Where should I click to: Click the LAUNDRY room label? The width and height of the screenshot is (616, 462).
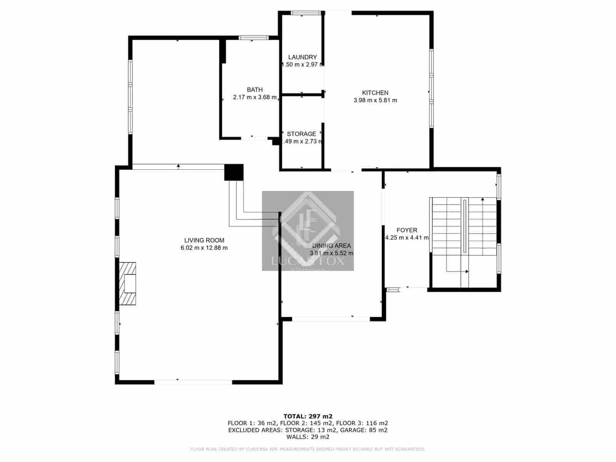(x=302, y=57)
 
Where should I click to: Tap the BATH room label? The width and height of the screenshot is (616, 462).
(x=255, y=90)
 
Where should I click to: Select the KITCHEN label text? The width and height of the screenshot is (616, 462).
(x=375, y=93)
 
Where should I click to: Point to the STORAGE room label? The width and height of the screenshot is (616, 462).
(x=301, y=134)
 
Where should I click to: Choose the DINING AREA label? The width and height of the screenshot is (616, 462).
(x=331, y=246)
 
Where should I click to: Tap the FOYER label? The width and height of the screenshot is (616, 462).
(x=407, y=230)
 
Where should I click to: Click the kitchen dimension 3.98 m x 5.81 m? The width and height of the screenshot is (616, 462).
(x=375, y=100)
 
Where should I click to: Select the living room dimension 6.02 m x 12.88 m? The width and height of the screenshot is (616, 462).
(x=204, y=248)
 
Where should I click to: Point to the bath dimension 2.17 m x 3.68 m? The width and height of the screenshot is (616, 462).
(x=255, y=97)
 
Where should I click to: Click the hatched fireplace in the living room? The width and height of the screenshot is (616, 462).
(x=128, y=284)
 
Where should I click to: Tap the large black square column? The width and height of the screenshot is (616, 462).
(x=234, y=172)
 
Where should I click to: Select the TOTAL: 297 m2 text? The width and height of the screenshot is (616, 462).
(x=308, y=416)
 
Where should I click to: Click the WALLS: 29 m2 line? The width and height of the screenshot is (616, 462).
(x=308, y=437)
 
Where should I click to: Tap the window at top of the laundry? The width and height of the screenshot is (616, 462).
(x=306, y=13)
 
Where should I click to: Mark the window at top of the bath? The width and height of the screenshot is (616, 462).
(x=253, y=38)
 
